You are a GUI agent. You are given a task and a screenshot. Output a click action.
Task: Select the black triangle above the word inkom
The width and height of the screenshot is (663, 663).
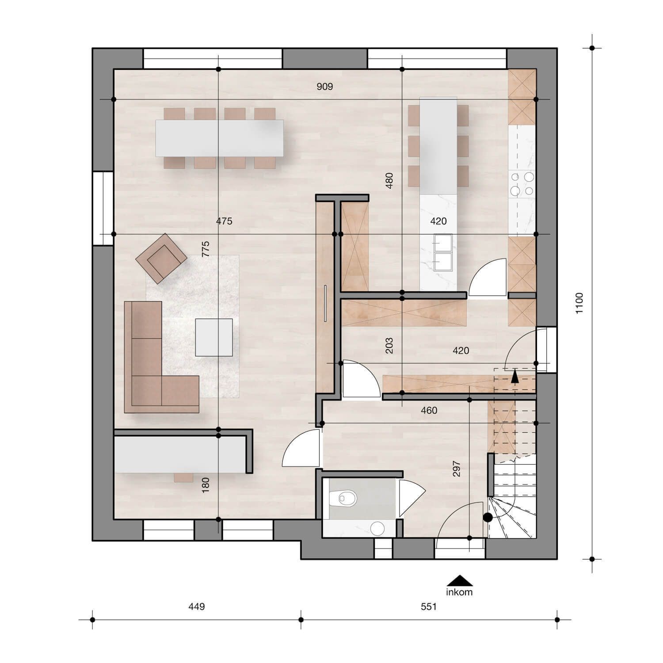[x=460, y=580]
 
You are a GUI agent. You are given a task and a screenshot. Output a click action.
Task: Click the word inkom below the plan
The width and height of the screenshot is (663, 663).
[x=460, y=592]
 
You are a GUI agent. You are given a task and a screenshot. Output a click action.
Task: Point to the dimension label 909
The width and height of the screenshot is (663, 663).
[x=324, y=87]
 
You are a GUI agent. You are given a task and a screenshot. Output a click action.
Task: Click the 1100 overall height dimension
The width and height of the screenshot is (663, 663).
[x=579, y=303]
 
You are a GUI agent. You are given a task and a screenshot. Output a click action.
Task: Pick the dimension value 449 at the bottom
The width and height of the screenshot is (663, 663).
[x=197, y=606]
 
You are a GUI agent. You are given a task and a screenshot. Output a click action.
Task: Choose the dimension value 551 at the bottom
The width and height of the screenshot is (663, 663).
[x=429, y=606]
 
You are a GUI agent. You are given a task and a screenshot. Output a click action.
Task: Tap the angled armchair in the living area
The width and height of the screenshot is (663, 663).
[x=161, y=258]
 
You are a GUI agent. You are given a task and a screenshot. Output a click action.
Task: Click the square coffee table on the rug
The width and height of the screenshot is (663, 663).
[x=214, y=337]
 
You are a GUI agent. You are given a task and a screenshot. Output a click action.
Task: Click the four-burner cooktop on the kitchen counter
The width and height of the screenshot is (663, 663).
[x=522, y=184]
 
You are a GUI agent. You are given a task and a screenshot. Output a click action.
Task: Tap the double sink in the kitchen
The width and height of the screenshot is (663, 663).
[x=443, y=252]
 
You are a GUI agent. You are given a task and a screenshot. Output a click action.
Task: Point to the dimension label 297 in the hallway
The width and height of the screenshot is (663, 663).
[x=457, y=469]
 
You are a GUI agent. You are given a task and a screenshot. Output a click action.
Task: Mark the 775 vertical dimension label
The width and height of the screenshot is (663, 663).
[x=206, y=249]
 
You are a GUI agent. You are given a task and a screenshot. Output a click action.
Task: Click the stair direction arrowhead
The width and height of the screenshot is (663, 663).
[x=514, y=376]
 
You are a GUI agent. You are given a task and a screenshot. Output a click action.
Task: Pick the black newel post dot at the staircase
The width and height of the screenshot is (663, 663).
[x=488, y=518]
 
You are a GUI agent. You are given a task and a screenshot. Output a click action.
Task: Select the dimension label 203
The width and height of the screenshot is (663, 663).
[x=389, y=346]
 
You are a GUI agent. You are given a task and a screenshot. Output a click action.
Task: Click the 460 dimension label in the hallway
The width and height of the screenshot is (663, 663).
[x=429, y=411]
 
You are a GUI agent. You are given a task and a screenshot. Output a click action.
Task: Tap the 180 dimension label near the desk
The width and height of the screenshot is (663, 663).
[x=206, y=485]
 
